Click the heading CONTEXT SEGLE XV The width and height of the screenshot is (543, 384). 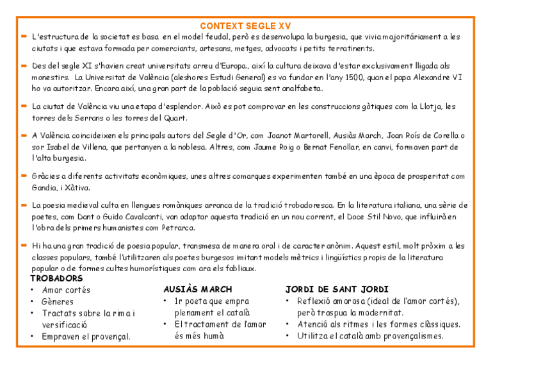point(245,26)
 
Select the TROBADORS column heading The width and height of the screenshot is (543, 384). point(56,278)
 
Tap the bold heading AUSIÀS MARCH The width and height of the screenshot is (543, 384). point(197,289)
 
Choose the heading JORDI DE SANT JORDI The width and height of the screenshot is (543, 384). point(337,289)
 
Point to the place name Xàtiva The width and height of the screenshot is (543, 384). point(77,188)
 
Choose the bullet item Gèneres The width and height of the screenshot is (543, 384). point(58,301)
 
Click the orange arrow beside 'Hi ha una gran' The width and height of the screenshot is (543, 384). point(23,245)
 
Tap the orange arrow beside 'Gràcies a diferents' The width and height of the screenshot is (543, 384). point(23,176)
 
